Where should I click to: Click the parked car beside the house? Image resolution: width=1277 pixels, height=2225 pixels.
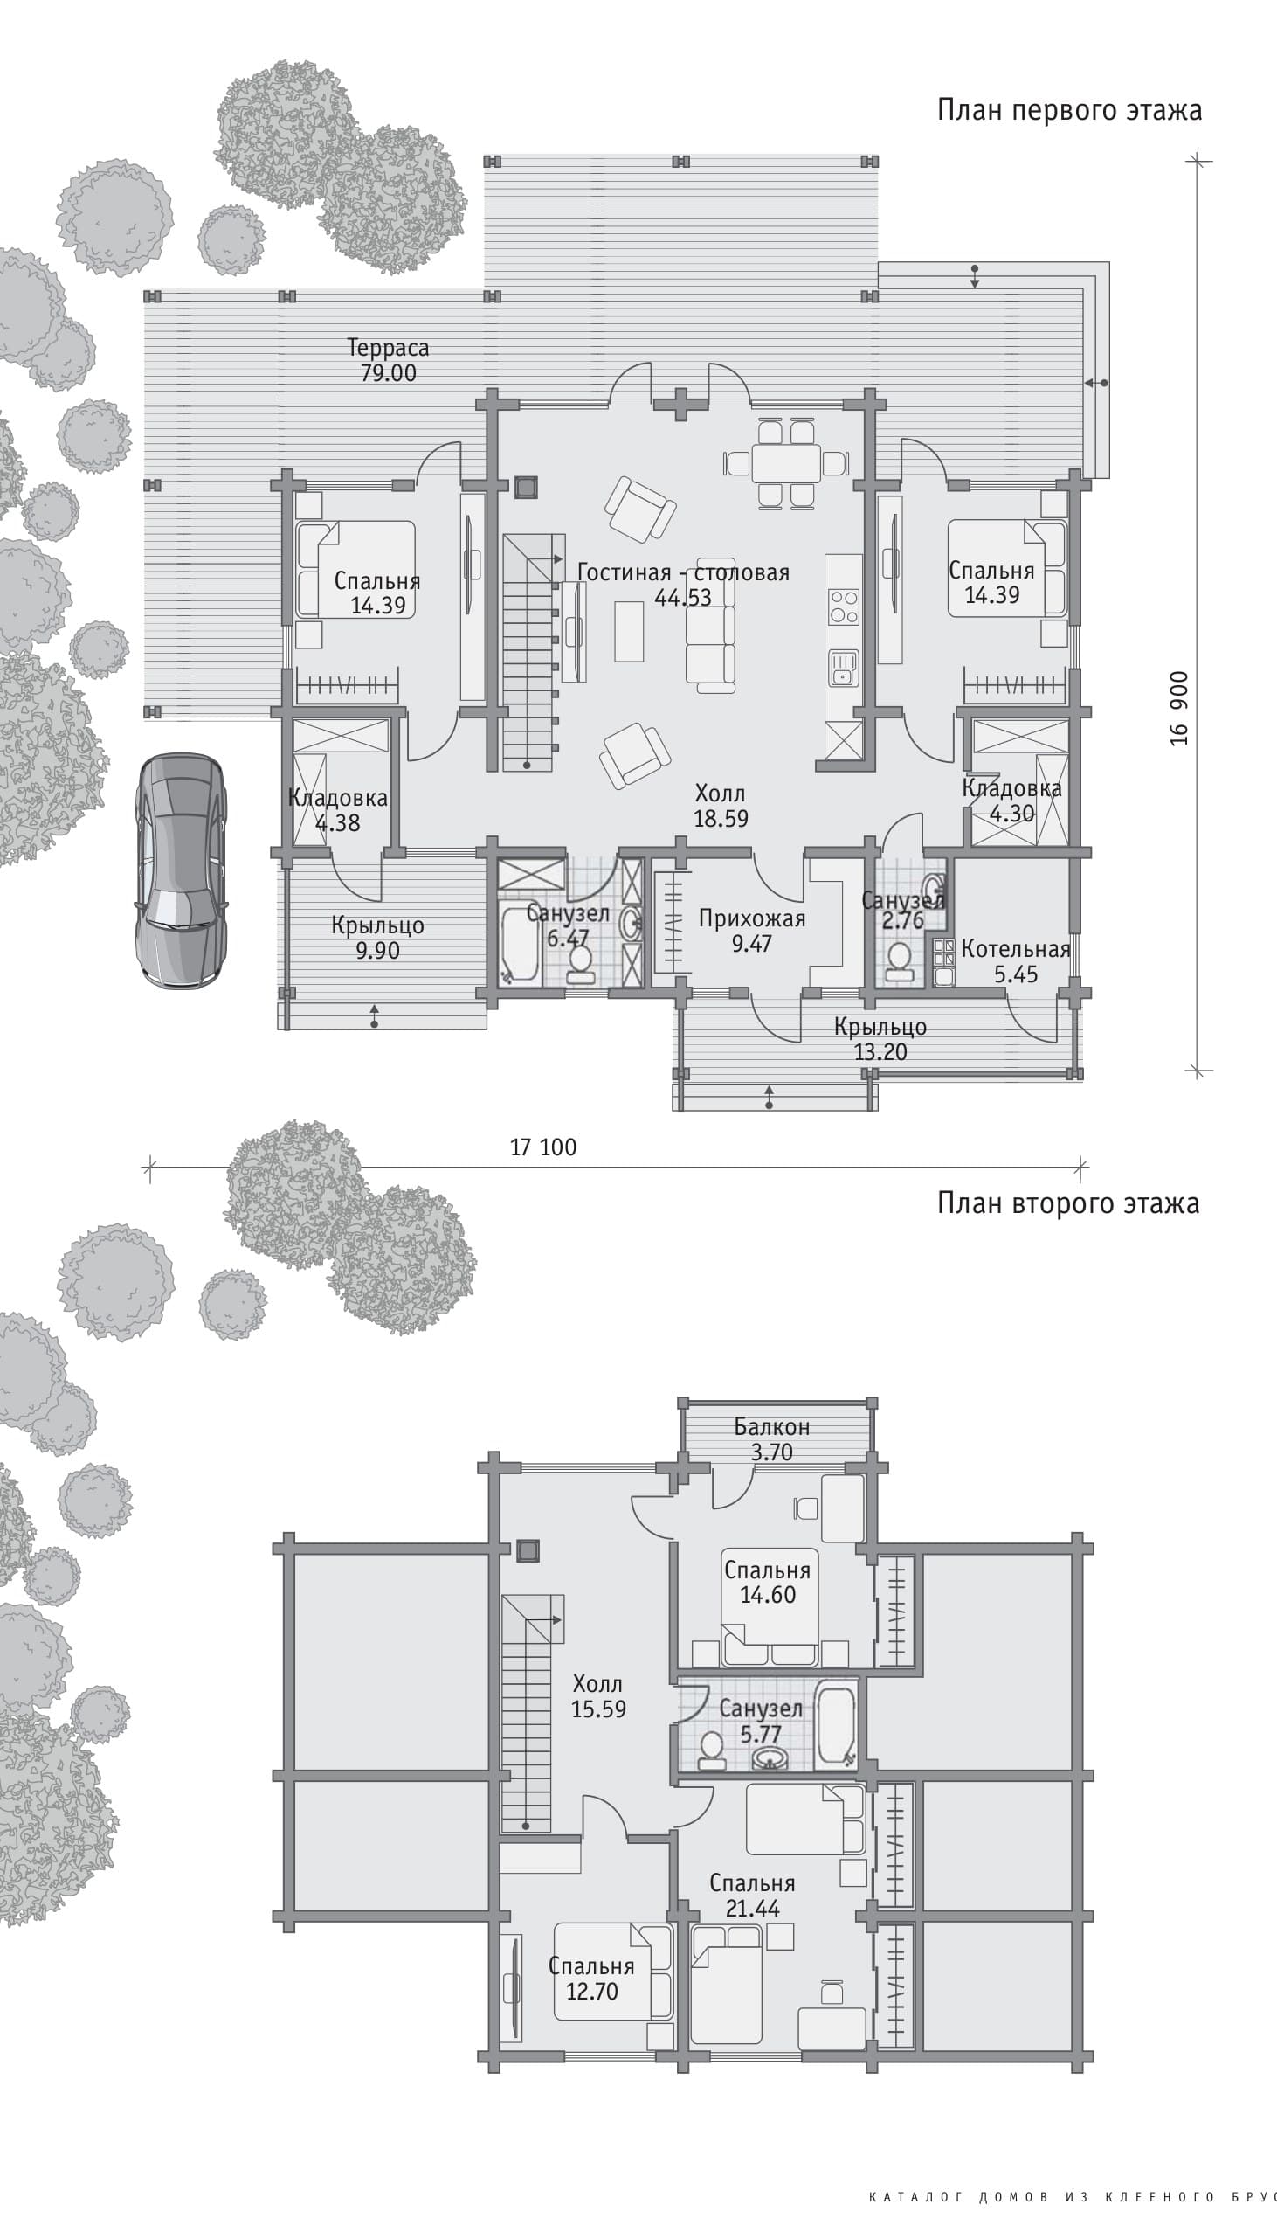180,870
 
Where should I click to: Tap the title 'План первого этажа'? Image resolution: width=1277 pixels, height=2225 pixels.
1069,110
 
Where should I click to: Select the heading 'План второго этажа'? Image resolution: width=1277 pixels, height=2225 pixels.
1068,1203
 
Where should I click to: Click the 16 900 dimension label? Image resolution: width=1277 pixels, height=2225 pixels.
1180,708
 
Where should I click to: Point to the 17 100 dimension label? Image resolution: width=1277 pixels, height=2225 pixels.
544,1147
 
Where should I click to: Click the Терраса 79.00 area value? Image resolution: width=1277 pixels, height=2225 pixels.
389,373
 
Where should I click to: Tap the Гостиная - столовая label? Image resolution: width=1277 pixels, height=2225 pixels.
683,572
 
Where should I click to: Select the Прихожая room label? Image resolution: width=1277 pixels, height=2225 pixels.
752,919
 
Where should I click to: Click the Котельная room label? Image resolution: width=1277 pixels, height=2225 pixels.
1016,949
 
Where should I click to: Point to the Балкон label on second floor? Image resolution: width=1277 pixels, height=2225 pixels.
772,1427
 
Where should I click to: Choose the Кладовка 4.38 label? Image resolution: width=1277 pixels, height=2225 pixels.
338,811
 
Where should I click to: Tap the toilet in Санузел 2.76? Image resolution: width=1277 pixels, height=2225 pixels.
897,961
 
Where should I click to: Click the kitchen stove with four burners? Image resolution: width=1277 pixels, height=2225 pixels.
844,607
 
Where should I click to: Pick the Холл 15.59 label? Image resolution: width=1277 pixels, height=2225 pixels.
598,1696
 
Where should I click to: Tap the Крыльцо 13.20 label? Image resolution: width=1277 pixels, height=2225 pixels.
880,1039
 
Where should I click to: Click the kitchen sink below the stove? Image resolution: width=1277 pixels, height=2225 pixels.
844,669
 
